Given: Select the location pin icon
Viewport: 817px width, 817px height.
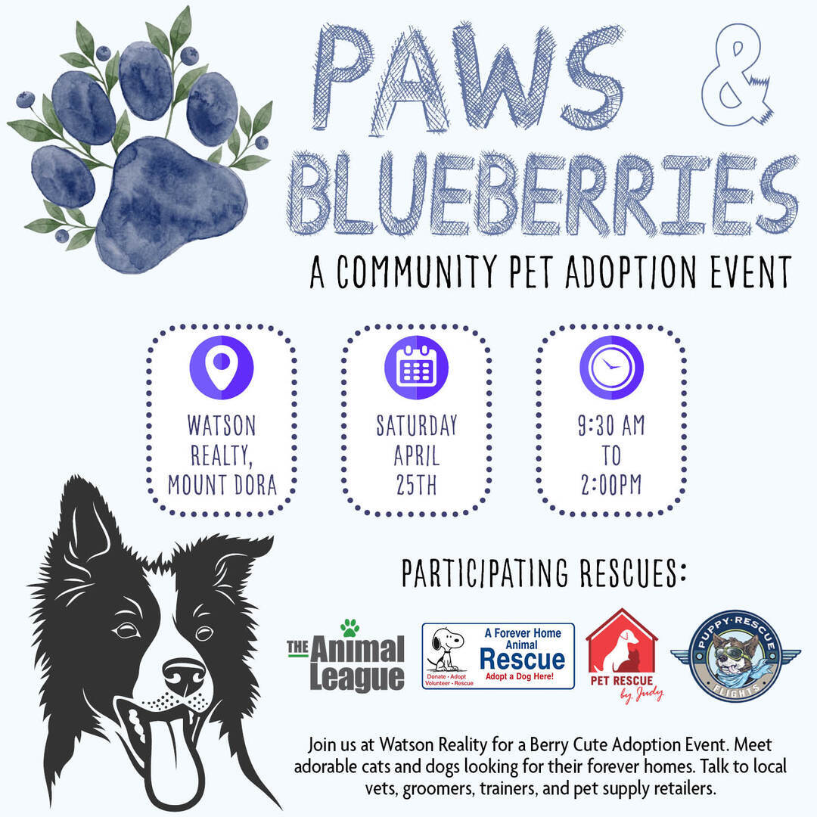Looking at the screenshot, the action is click(222, 368).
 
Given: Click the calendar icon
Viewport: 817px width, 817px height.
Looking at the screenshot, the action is click(416, 368).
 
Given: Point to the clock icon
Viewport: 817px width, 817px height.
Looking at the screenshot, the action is click(611, 368).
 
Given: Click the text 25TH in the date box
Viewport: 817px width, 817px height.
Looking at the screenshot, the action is click(416, 485).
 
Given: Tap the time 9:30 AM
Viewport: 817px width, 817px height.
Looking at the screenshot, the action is click(611, 425).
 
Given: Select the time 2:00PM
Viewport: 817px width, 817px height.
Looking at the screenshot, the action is click(611, 485).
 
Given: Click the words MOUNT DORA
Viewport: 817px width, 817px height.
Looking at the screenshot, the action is click(222, 485).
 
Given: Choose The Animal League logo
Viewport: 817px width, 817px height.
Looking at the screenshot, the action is click(346, 657).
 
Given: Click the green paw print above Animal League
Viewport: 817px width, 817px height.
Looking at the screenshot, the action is click(349, 628).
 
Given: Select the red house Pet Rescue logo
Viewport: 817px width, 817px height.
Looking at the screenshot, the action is click(623, 655).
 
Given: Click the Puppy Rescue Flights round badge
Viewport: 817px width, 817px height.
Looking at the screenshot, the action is click(735, 656).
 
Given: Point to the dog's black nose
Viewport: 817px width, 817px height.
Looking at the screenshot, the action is click(183, 675).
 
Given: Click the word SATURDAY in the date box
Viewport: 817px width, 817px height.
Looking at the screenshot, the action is click(417, 425).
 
